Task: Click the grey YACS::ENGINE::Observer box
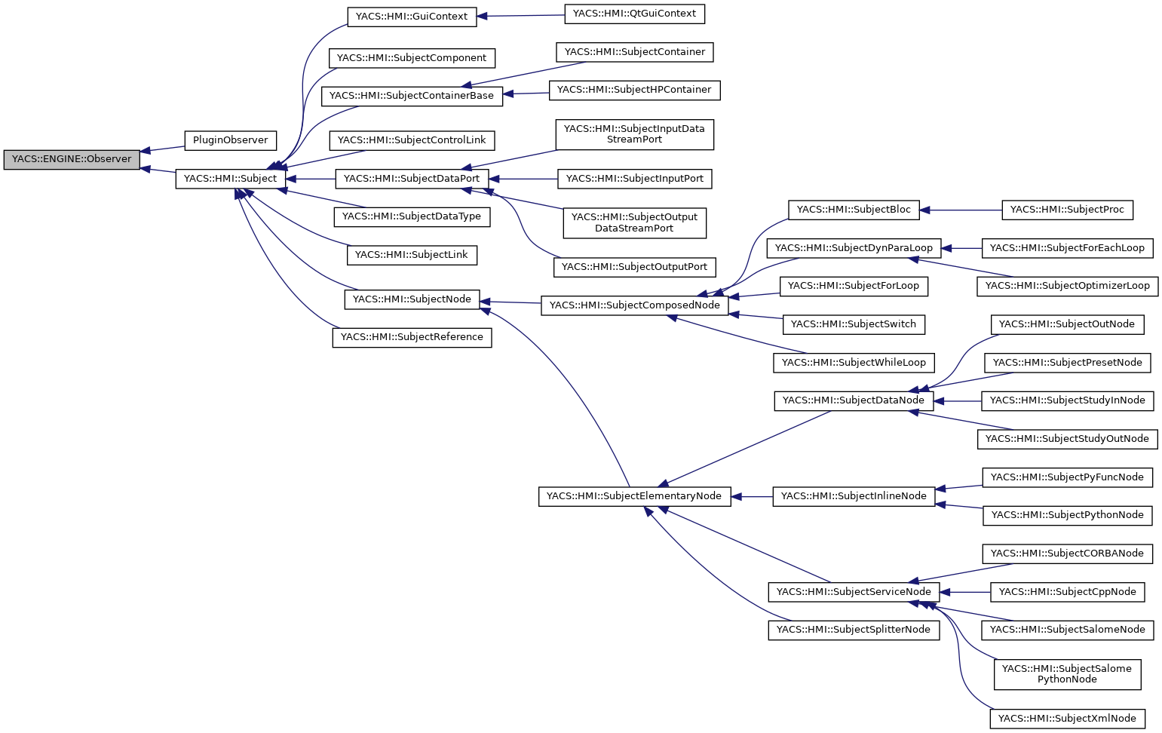[x=72, y=159]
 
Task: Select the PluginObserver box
[x=230, y=140]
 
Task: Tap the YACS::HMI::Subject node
[x=231, y=179]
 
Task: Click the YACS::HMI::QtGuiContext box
[x=634, y=14]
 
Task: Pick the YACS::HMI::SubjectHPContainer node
[x=634, y=90]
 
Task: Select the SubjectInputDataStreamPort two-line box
[x=634, y=134]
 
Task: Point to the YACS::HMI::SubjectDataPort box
[x=412, y=179]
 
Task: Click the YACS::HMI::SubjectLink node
[x=412, y=255]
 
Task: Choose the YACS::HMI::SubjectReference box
[x=412, y=337]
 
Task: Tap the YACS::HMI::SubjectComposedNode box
[x=635, y=305]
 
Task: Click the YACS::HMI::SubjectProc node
[x=1067, y=210]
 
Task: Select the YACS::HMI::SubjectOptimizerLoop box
[x=1067, y=286]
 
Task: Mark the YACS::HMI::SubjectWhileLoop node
[x=854, y=363]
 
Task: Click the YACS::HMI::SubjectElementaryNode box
[x=634, y=496]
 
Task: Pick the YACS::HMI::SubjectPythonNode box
[x=1067, y=515]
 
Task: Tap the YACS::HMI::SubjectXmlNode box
[x=1067, y=719]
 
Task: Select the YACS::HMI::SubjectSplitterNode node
[x=854, y=630]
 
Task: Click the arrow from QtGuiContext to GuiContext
[x=521, y=15]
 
